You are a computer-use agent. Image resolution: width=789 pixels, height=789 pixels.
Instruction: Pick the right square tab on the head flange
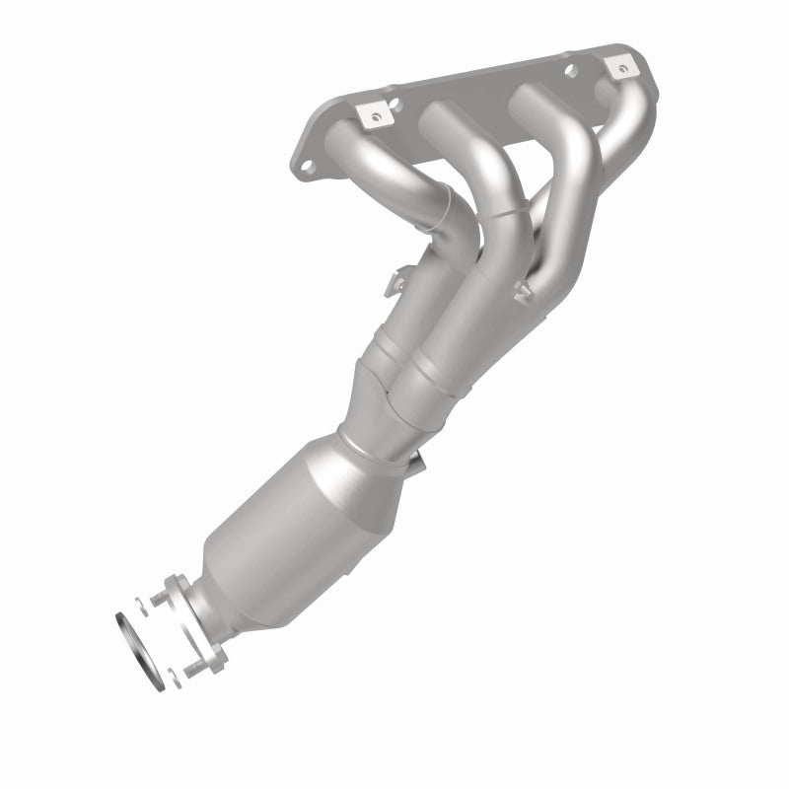point(619,69)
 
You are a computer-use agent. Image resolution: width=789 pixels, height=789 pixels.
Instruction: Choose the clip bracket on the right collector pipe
point(522,287)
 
